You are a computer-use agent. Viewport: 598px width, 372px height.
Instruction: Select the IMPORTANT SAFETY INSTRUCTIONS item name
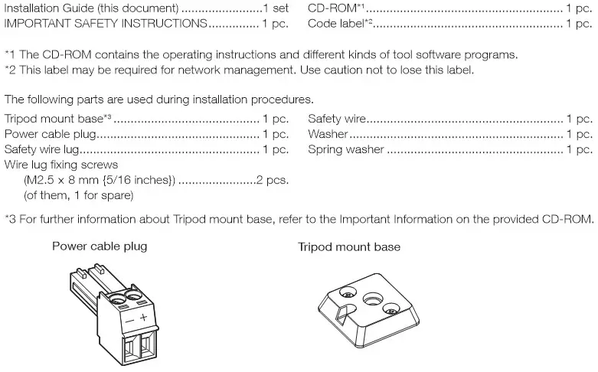pyautogui.click(x=106, y=24)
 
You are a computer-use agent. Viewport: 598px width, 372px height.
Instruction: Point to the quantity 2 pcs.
pyautogui.click(x=272, y=179)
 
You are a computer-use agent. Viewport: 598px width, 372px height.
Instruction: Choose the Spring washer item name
pyautogui.click(x=345, y=149)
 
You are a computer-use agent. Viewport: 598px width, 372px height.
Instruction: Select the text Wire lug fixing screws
pyautogui.click(x=61, y=165)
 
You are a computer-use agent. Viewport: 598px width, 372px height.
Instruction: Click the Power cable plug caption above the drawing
pyautogui.click(x=100, y=246)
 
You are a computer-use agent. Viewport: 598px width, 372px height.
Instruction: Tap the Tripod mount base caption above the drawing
pyautogui.click(x=349, y=246)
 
